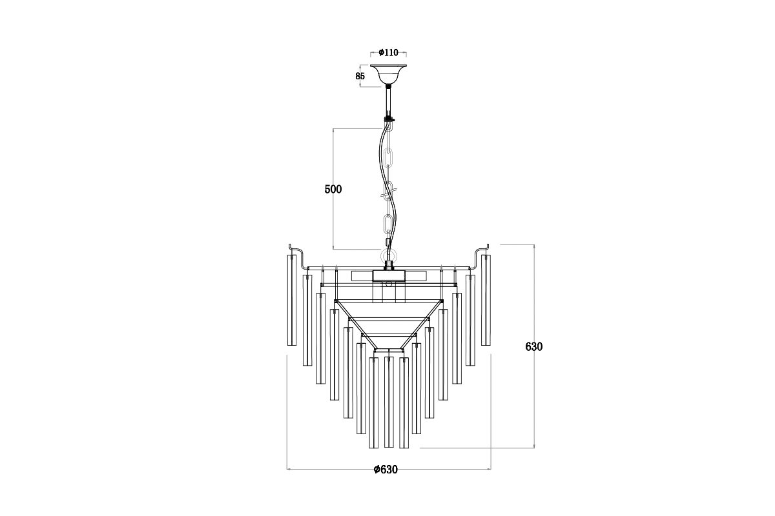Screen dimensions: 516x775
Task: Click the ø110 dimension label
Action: [x=389, y=53]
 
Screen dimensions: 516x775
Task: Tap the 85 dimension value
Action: [x=360, y=75]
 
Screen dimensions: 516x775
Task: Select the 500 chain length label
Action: [x=333, y=189]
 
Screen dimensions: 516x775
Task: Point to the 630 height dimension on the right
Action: [x=534, y=346]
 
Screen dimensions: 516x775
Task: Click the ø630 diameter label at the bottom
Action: [x=386, y=470]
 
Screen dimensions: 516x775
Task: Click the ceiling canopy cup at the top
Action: [x=388, y=73]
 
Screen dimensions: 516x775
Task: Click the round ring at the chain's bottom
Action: [x=388, y=252]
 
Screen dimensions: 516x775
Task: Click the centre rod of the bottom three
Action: [x=388, y=401]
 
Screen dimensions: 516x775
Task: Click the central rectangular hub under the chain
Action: [x=389, y=275]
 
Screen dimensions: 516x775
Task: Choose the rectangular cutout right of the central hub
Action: [x=417, y=275]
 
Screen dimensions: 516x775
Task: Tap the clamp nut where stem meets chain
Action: [x=389, y=118]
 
